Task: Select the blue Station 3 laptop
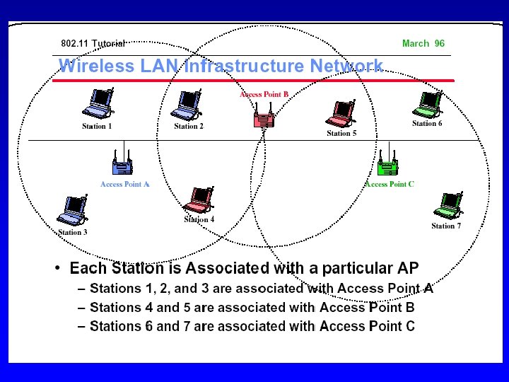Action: [72, 211]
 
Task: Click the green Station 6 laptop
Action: [428, 103]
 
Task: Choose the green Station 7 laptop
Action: [447, 206]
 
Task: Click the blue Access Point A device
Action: [124, 165]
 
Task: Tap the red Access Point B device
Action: [263, 115]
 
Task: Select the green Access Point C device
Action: [387, 166]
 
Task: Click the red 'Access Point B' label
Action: [264, 94]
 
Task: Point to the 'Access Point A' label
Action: [125, 185]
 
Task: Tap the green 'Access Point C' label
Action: [390, 185]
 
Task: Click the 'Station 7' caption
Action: [446, 226]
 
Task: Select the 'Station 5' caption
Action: [341, 133]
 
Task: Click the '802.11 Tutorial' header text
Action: [93, 44]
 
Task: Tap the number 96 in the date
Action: [440, 44]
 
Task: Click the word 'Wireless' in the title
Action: [93, 66]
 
